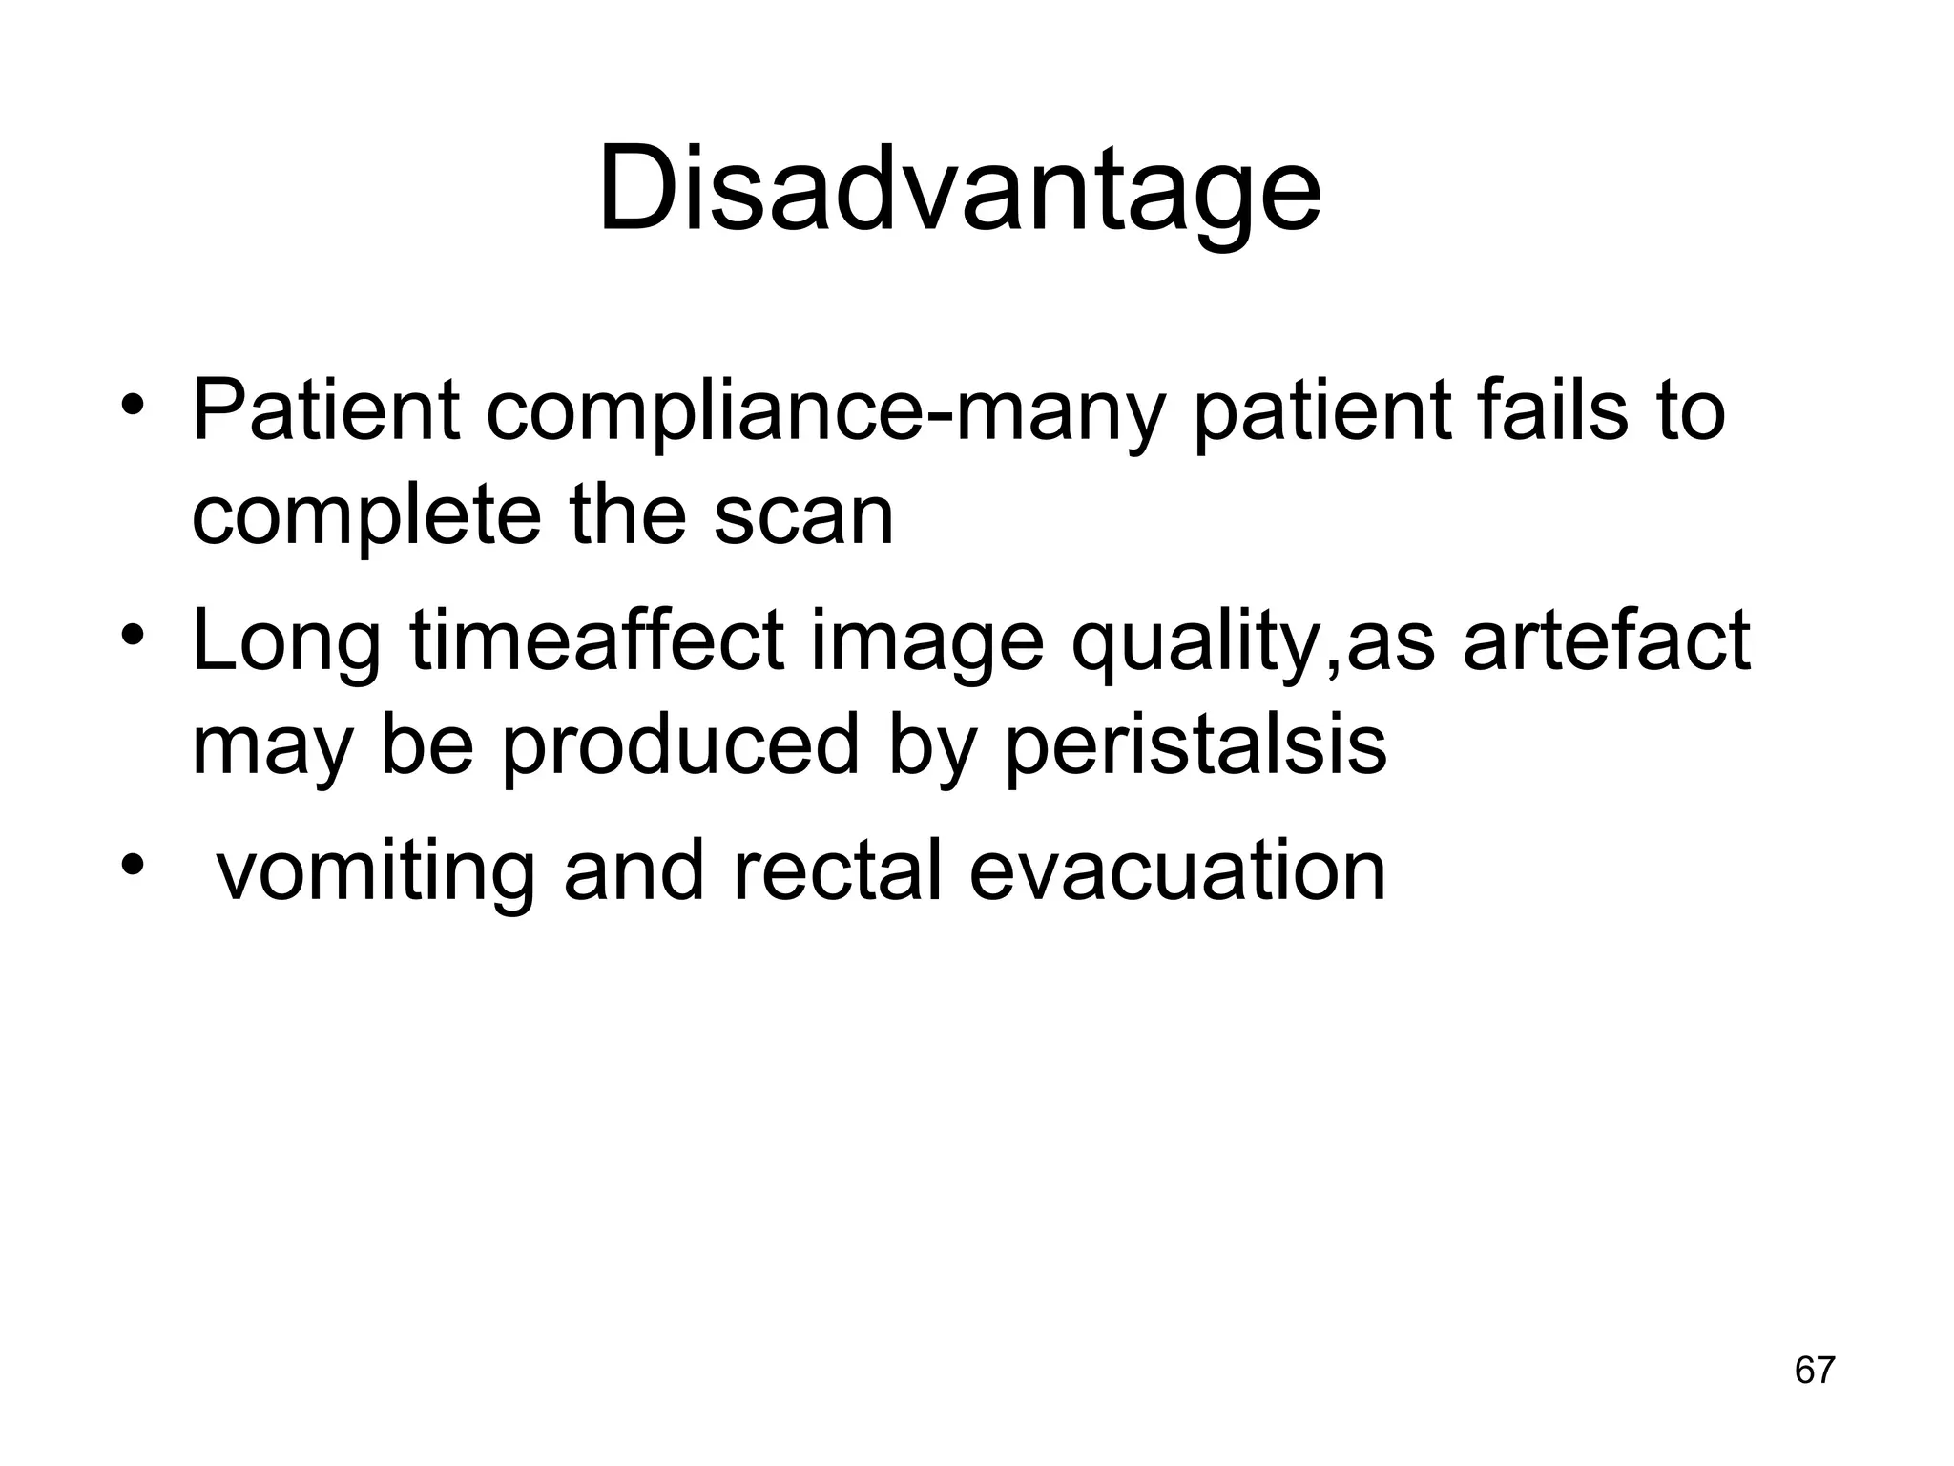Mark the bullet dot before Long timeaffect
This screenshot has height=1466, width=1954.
133,638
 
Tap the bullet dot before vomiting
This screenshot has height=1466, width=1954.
133,865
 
